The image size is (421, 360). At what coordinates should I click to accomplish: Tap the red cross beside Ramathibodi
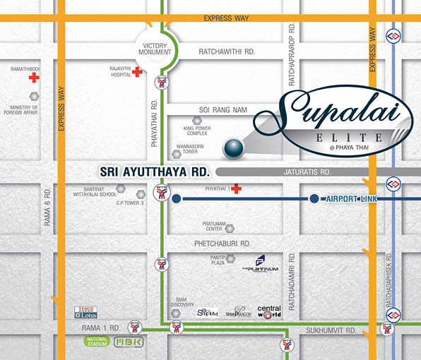point(34,78)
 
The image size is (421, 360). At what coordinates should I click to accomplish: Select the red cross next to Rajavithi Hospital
point(137,72)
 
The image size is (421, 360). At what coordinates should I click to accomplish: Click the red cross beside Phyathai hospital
point(236,188)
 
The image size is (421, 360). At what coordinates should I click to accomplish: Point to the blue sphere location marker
point(232,148)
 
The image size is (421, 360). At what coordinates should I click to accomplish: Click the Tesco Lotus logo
point(90,313)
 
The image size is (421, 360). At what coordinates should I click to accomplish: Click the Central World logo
point(268,312)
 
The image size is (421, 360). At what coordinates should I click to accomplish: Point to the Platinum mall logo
point(260,266)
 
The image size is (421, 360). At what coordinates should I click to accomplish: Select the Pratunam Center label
point(213,226)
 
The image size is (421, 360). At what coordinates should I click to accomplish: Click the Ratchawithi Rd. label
point(226,52)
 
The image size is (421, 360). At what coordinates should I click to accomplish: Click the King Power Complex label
point(196,130)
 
